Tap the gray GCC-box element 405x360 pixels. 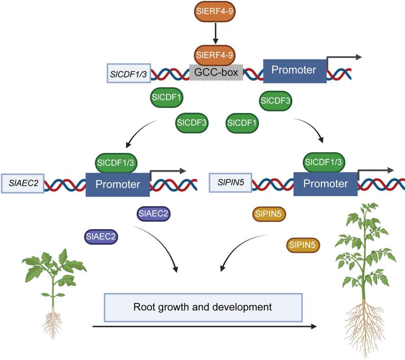[216, 72]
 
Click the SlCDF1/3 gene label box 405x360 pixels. [129, 73]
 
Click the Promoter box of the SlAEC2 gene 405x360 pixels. [118, 184]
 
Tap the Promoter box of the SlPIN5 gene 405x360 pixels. [325, 184]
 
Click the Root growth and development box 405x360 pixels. [203, 308]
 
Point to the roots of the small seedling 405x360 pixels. [53, 322]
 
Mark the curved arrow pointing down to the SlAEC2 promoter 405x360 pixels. [139, 133]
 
